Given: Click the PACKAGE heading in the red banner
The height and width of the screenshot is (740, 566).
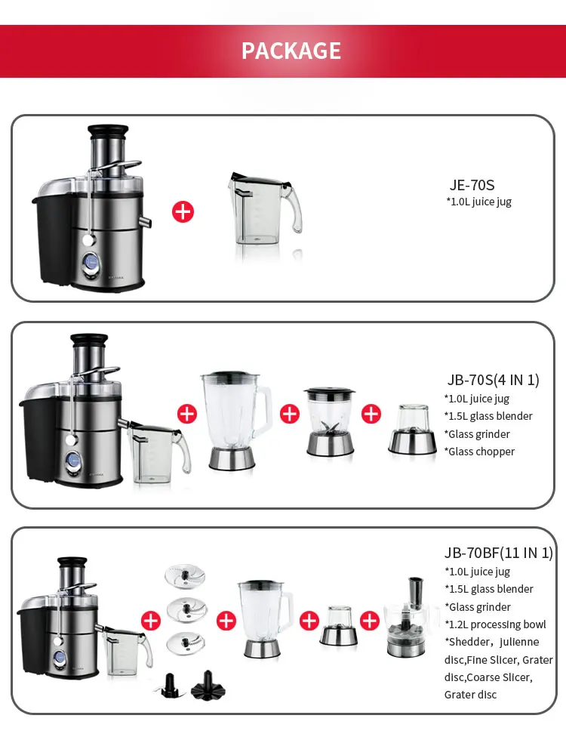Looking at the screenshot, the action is pos(291,51).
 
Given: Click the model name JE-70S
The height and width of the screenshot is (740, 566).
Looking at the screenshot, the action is pos(472,185).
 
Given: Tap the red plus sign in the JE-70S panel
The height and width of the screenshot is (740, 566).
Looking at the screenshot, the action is pos(183,212).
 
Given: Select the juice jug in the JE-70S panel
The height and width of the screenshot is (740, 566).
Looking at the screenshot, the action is pos(264,208).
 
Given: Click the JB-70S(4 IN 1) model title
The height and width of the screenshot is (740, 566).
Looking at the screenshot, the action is pos(493,380).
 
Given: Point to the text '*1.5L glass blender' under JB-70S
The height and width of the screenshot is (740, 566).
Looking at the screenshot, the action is pos(488,416).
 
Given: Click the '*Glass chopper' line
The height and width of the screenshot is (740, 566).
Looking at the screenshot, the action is pos(479,452).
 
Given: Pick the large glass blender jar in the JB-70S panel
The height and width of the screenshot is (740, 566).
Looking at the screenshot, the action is pos(235,420).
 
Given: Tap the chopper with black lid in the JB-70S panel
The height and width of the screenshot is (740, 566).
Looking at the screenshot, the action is pos(329,421).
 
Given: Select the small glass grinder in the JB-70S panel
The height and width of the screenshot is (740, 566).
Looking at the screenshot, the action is pos(413,429).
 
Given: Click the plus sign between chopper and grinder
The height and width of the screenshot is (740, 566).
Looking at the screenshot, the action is pos(371,414).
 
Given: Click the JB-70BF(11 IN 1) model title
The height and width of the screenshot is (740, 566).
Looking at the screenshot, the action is pos(499,553).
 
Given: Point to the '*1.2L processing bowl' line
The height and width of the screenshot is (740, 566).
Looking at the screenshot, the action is pos(495,624).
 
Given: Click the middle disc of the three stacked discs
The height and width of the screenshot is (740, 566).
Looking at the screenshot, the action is pos(187,610).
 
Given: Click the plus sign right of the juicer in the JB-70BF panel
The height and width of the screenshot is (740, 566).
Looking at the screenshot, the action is pos(151,621).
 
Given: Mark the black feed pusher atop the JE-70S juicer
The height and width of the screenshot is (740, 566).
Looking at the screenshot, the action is pos(108,131).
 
